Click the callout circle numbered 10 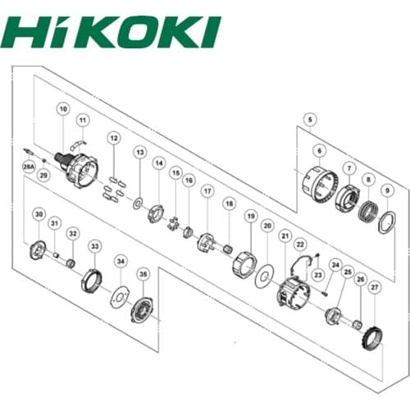tap(63, 108)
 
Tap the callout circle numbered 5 tap(307, 120)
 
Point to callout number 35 tap(143, 274)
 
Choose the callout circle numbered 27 tap(375, 288)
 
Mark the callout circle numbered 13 tap(139, 152)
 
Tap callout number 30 tap(39, 215)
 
